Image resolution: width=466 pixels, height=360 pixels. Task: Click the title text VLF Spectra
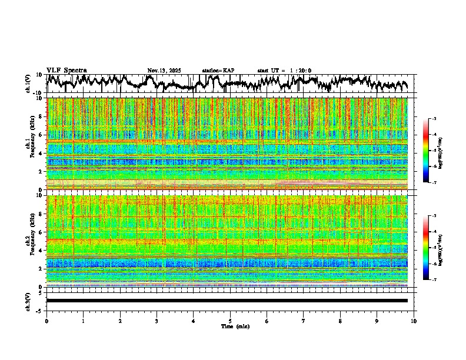(66, 70)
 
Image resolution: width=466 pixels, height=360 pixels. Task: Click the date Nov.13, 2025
(164, 71)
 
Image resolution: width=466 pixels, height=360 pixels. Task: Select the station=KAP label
(218, 71)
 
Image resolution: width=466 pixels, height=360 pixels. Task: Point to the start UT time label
(284, 71)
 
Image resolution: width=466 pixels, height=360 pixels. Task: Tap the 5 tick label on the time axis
(230, 321)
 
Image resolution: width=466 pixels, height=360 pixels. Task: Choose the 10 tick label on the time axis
(414, 321)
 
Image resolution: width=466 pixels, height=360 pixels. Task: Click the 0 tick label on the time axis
(46, 321)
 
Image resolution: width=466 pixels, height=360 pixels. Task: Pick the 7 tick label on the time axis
(304, 321)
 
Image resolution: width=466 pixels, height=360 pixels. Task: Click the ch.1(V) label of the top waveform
(28, 84)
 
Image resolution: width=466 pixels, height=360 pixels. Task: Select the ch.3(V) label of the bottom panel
(28, 301)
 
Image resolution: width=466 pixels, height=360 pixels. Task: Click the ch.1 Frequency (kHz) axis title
(28, 144)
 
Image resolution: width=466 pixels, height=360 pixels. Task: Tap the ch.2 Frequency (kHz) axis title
(28, 241)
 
